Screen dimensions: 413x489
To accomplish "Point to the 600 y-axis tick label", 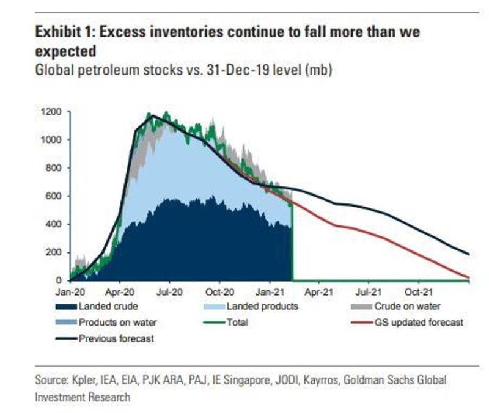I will coord(56,196).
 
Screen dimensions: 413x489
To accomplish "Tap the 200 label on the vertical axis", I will coord(56,252).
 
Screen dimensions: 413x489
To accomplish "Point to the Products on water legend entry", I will coord(116,322).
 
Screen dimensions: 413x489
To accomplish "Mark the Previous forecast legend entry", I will coord(116,338).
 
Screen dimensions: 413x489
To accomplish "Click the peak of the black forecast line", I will coord(152,115).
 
